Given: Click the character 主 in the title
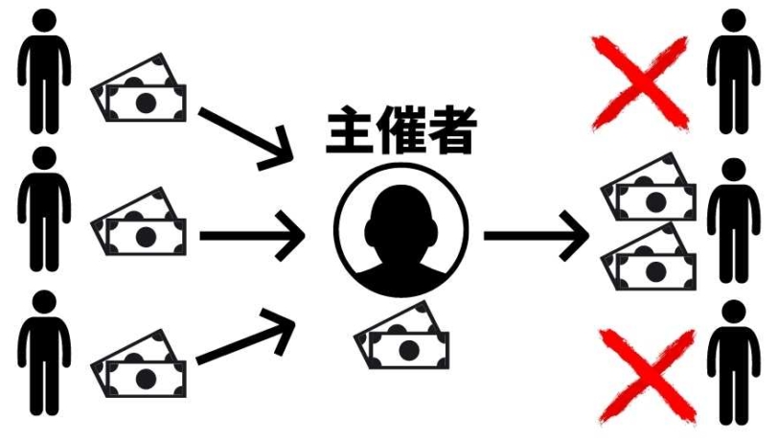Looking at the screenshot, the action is [350, 129].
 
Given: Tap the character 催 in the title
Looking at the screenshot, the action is [401, 129].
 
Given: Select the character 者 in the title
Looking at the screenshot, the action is [452, 129].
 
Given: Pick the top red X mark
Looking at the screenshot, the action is [641, 83].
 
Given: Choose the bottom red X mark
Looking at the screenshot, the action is [648, 376].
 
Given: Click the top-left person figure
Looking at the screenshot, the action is [44, 72].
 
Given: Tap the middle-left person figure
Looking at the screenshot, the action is [44, 209].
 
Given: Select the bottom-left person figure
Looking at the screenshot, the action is [44, 353].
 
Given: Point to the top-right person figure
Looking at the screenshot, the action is [733, 72].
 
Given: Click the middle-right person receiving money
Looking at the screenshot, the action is [733, 221].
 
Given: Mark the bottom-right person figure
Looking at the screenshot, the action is [733, 363].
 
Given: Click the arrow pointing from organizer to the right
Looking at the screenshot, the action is [536, 236].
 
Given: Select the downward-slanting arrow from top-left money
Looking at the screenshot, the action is [246, 136].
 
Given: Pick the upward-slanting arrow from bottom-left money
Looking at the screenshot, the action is [246, 336].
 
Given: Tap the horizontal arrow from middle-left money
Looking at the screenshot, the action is [252, 236].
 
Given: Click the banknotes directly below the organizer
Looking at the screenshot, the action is [401, 336].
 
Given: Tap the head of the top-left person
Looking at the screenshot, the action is [44, 21].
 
